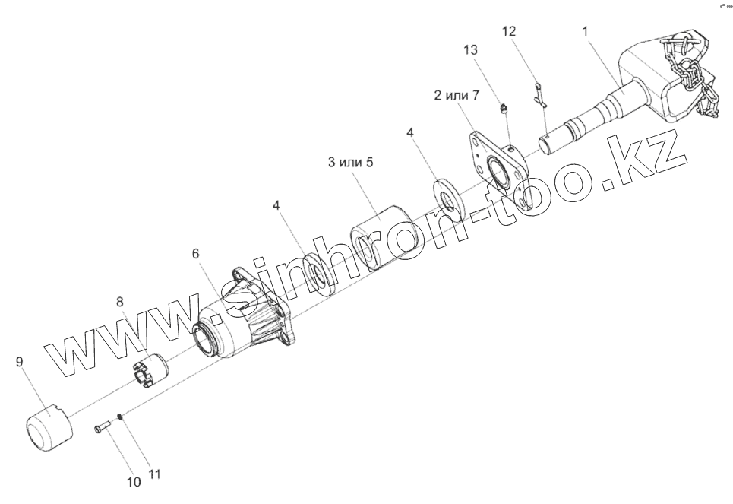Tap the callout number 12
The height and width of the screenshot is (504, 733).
(x=508, y=31)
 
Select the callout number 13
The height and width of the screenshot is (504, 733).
(x=471, y=50)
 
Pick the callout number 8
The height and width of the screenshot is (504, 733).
(x=119, y=302)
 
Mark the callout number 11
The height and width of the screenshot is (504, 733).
(x=154, y=475)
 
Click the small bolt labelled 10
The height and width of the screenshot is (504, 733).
(x=103, y=430)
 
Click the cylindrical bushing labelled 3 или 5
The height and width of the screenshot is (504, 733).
(x=380, y=236)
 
